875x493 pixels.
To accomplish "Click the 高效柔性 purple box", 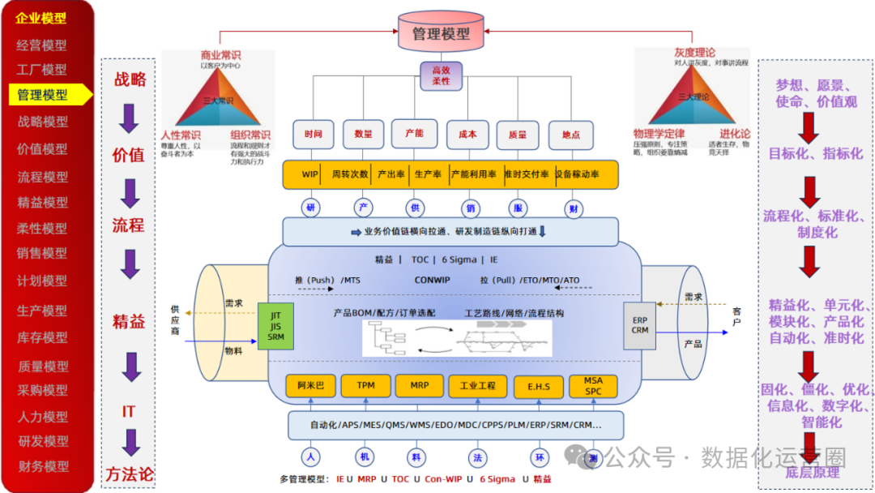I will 441,76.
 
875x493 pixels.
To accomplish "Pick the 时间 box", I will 314,135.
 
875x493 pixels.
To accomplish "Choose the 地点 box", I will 570,135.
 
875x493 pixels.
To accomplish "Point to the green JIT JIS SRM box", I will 275,326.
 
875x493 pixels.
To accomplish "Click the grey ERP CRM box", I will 640,325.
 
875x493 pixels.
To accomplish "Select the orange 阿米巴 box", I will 310,386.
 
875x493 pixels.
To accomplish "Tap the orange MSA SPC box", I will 594,386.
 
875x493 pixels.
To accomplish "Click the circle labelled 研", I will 310,208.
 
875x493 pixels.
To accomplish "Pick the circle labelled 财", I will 574,208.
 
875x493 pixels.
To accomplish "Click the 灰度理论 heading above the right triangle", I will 694,53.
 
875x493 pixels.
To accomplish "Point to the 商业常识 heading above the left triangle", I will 220,55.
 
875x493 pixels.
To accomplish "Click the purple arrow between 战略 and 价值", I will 129,118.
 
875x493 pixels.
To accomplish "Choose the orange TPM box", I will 366,386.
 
